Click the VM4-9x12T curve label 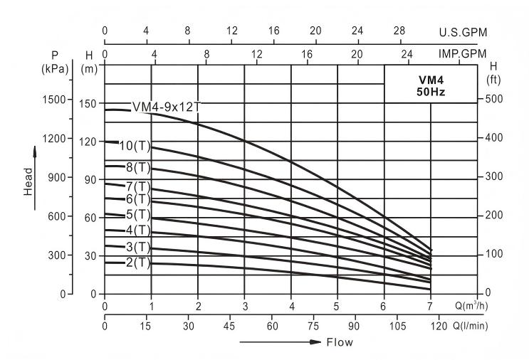(x=167, y=107)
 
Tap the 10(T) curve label (x=135, y=147)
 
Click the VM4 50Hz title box (x=430, y=86)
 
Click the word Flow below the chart (x=339, y=342)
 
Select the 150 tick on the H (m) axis (x=87, y=104)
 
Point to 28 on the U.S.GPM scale (x=400, y=31)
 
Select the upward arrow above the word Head (x=33, y=152)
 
